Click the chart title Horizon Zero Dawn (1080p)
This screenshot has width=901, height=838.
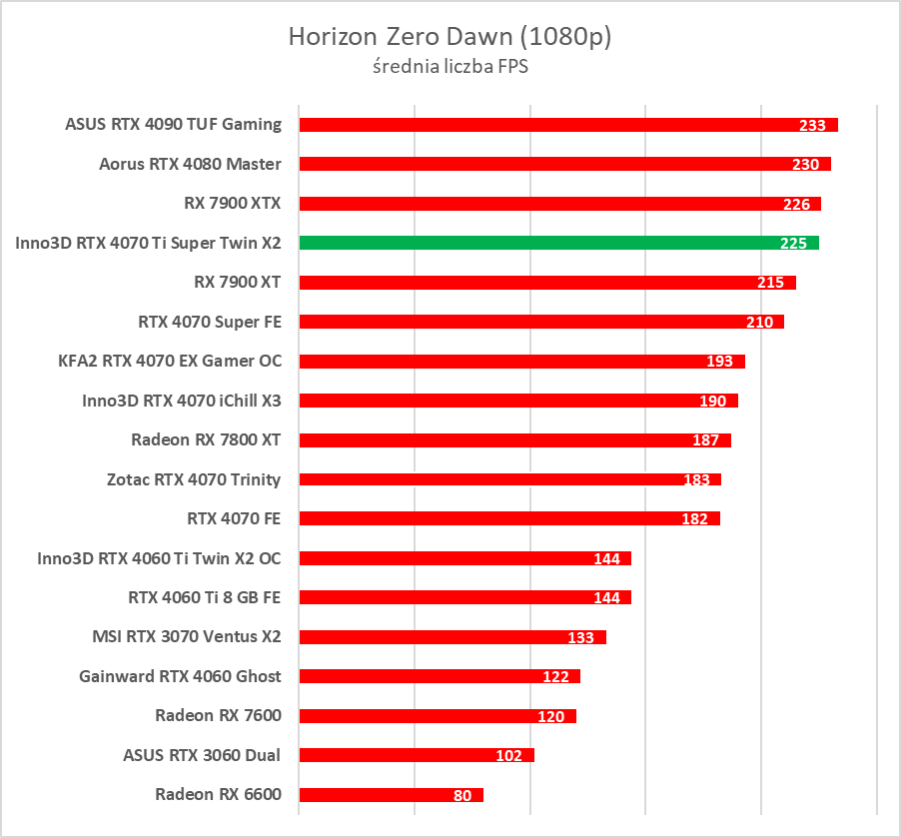450,37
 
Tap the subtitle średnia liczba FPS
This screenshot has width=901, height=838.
450,68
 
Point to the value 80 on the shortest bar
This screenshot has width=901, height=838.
461,795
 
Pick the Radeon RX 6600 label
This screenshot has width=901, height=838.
218,795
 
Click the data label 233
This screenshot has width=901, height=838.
812,126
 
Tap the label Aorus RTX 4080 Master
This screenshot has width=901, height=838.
190,164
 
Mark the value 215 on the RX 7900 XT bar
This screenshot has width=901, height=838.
770,283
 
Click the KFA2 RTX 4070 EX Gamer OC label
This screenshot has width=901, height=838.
170,361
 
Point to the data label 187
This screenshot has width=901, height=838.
705,440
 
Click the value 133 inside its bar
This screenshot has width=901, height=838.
580,637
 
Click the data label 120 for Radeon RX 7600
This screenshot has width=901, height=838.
550,716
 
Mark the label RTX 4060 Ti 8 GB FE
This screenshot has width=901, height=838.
204,597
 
